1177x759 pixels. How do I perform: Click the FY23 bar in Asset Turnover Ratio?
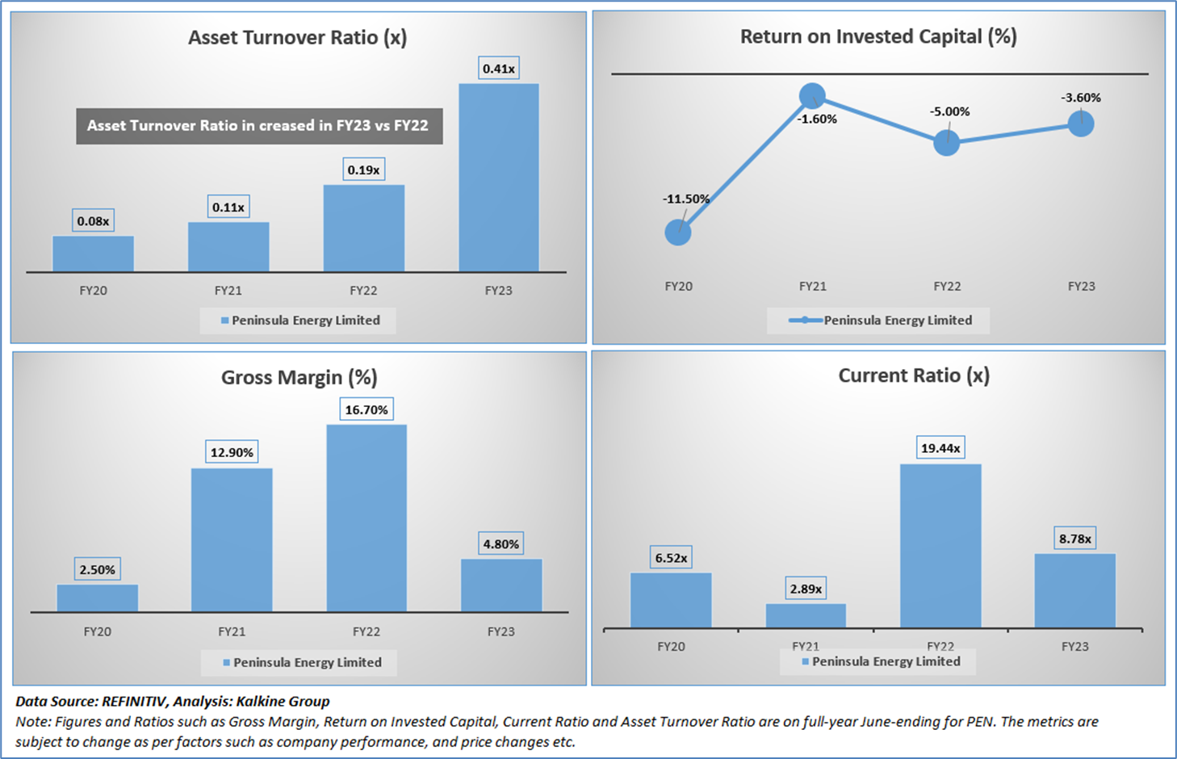tap(498, 178)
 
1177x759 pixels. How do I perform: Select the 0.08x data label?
tap(93, 221)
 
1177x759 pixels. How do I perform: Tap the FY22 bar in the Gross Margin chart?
tap(367, 518)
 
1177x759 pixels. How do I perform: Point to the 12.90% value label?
tap(232, 453)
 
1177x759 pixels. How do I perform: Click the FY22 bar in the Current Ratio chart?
tap(940, 546)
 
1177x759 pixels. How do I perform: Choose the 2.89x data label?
tap(806, 589)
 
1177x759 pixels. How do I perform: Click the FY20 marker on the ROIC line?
tap(678, 233)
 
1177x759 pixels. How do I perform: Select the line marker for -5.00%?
tap(947, 143)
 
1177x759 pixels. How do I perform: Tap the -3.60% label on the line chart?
tap(1081, 98)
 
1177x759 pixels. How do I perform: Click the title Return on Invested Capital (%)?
tap(878, 37)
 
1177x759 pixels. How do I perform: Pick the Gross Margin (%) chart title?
tap(299, 378)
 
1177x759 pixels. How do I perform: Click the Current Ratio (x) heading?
tap(913, 376)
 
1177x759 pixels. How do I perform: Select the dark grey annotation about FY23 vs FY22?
tap(259, 126)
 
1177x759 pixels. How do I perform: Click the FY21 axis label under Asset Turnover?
tap(228, 291)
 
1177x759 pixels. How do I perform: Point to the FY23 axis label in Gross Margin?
tap(501, 631)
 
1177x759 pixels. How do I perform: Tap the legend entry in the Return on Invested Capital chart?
tap(880, 321)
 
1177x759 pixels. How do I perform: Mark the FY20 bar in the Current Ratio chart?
tap(671, 600)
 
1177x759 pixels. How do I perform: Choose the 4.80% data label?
tap(501, 544)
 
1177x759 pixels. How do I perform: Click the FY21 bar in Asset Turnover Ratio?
tap(228, 247)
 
